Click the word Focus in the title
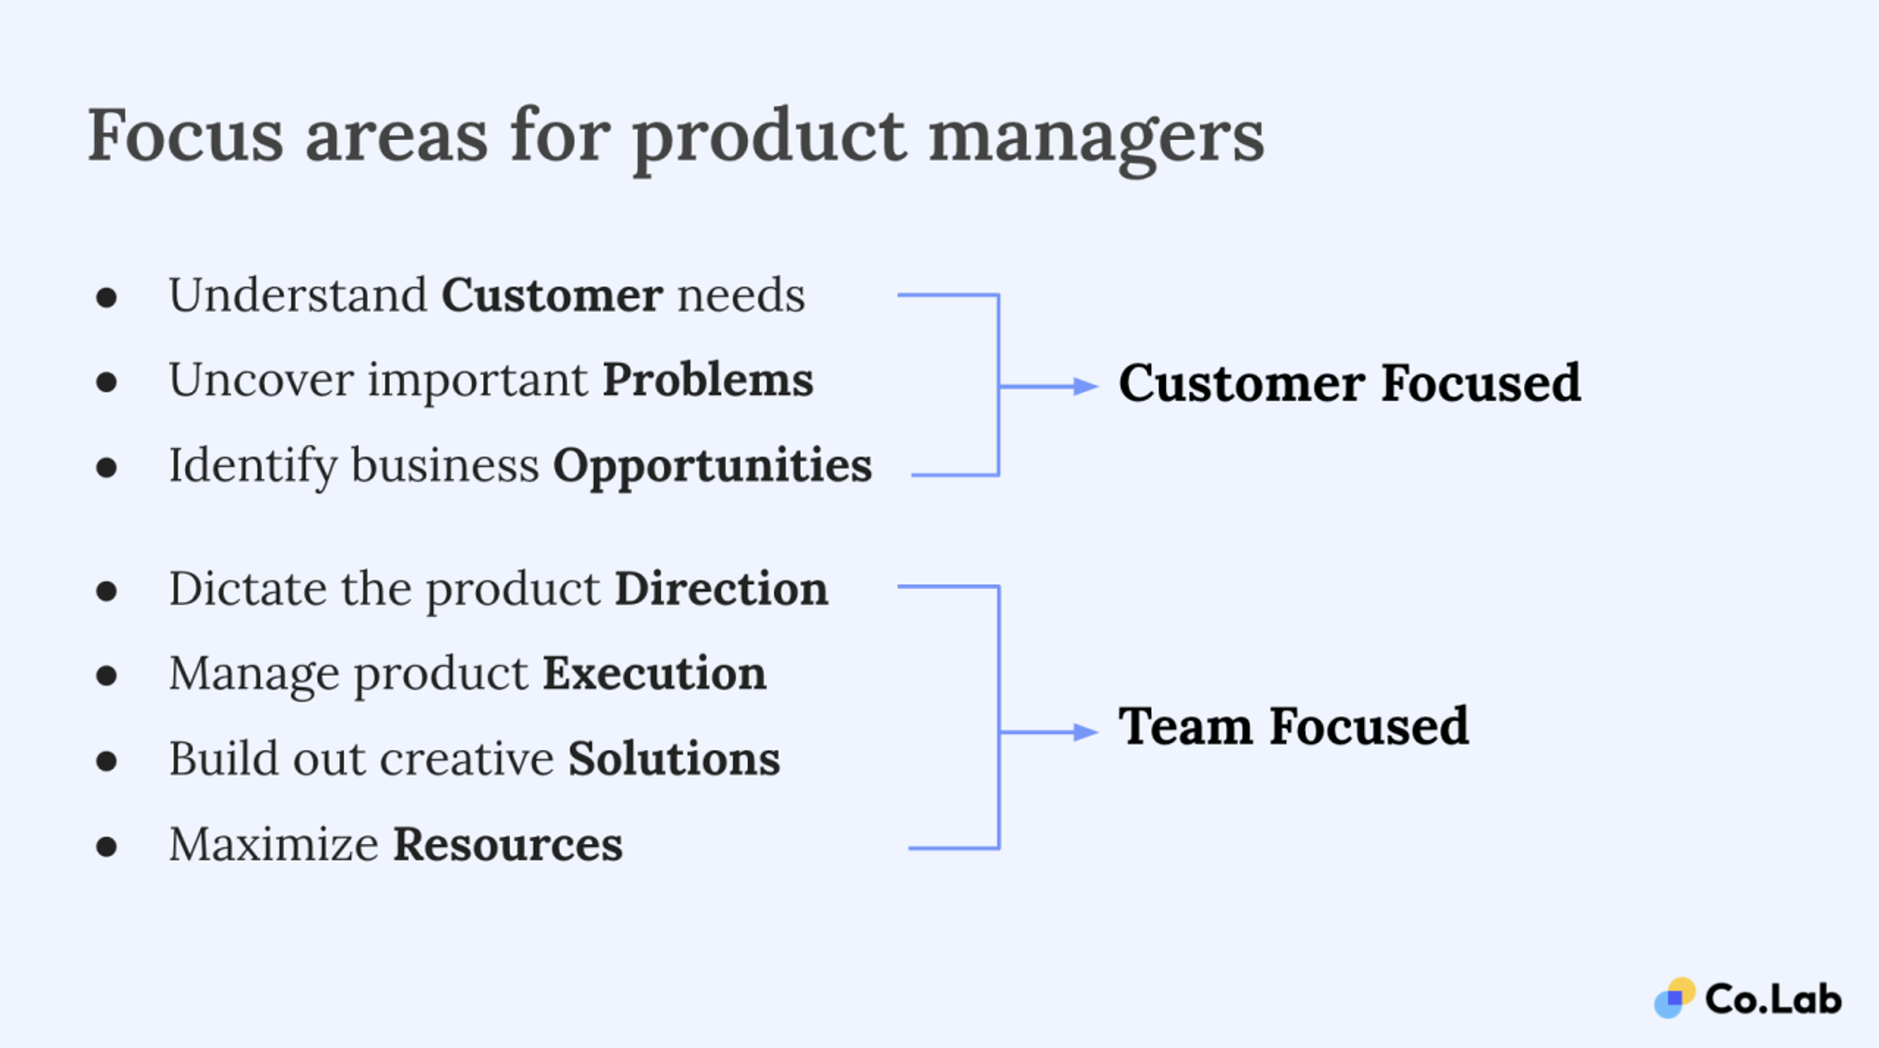click(x=185, y=136)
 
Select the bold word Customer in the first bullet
click(x=552, y=296)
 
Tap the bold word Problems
click(x=707, y=380)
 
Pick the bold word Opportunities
click(x=712, y=467)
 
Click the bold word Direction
click(x=722, y=590)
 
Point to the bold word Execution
click(x=654, y=674)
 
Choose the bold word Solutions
click(x=674, y=759)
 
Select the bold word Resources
click(x=507, y=844)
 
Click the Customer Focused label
click(x=1349, y=384)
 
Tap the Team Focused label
click(x=1293, y=728)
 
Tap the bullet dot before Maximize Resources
click(x=107, y=846)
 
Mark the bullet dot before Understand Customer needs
click(x=107, y=298)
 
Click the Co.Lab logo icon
click(x=1674, y=998)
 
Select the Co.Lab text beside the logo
click(x=1773, y=999)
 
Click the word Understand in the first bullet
click(x=298, y=296)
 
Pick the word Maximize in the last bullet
click(x=273, y=844)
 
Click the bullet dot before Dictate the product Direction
click(x=107, y=591)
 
